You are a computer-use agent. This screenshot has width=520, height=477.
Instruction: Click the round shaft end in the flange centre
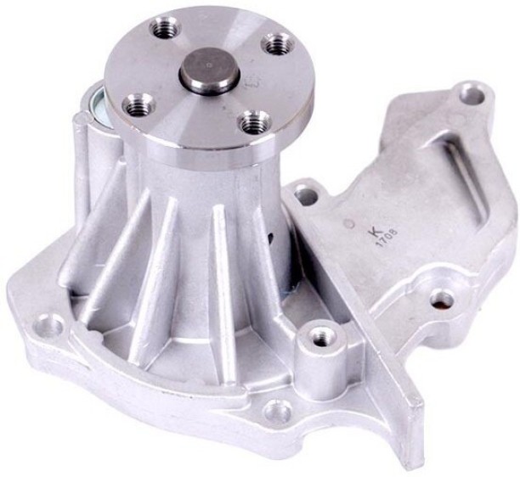[209, 70]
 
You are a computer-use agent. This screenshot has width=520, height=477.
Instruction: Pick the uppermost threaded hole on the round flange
[163, 29]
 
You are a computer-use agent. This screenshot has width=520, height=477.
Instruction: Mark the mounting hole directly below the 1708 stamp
[441, 298]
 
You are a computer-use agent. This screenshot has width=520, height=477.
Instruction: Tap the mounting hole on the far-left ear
[51, 325]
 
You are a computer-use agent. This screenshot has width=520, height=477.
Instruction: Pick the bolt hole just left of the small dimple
[307, 196]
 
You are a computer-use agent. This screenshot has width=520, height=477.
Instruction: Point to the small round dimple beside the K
[348, 223]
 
